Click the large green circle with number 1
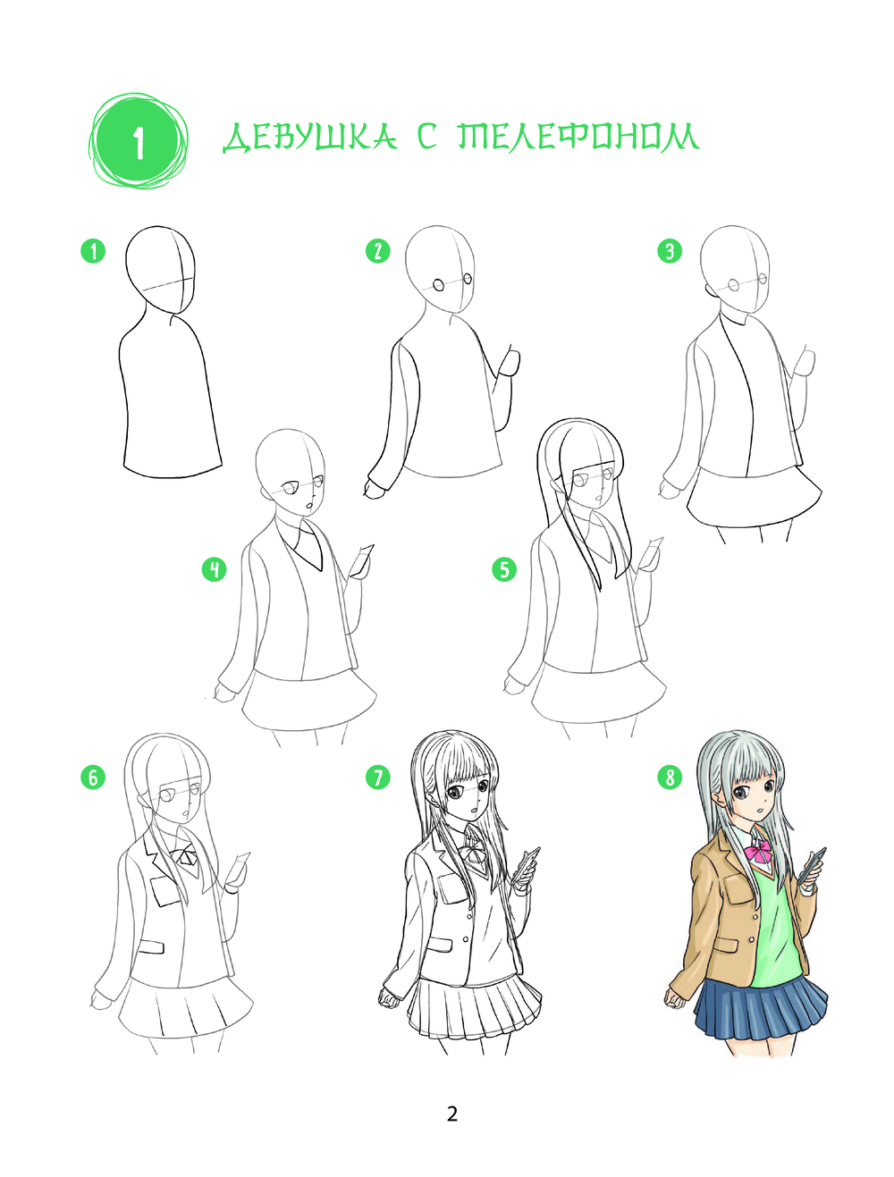(x=139, y=141)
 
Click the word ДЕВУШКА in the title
(x=310, y=138)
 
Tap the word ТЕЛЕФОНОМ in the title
(x=578, y=136)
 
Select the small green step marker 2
(x=378, y=251)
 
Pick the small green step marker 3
(x=670, y=251)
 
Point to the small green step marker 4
(x=214, y=569)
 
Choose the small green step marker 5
(x=504, y=569)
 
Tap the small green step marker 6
(x=93, y=777)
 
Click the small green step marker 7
(x=378, y=777)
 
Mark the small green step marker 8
(x=670, y=777)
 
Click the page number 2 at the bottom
(x=452, y=1114)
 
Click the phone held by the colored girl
(x=812, y=865)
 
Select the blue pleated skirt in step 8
(x=761, y=1008)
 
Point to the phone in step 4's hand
(x=362, y=559)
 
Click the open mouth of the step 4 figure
(x=309, y=506)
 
